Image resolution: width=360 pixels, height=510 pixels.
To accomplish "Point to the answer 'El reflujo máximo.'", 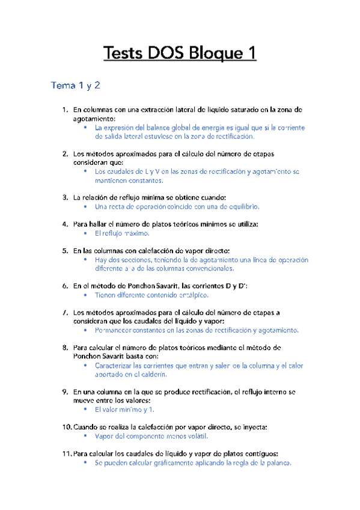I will pyautogui.click(x=123, y=233).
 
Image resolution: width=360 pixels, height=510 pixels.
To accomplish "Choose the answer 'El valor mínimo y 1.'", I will pyautogui.click(x=125, y=409).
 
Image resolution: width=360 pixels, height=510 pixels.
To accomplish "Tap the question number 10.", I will pyautogui.click(x=66, y=427).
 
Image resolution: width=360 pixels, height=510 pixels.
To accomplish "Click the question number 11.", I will pyautogui.click(x=66, y=453).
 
